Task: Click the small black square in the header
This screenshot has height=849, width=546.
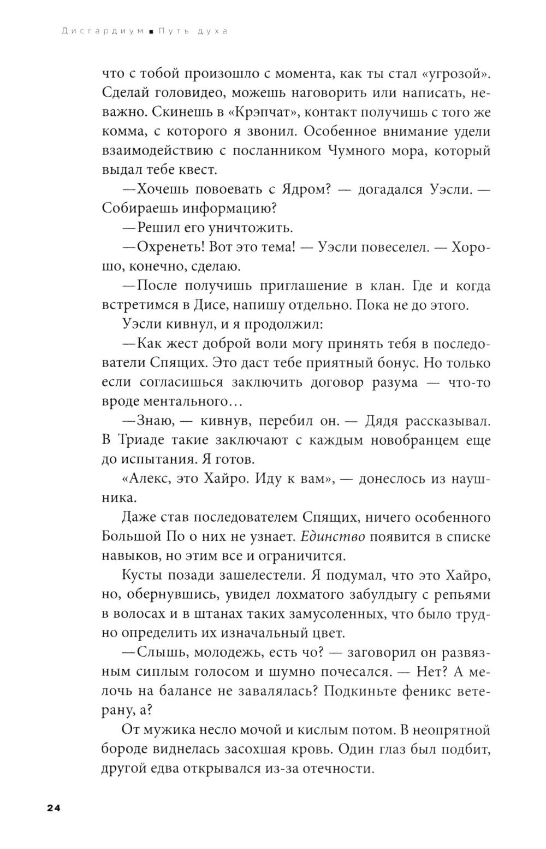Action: tap(151, 32)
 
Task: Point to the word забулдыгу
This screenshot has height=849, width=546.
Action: tap(377, 594)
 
